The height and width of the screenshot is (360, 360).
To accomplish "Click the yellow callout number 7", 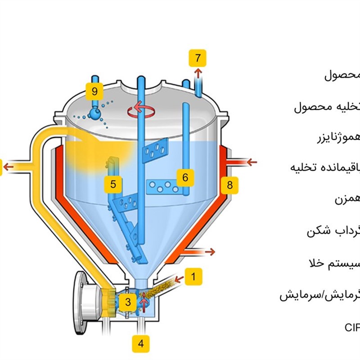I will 198,58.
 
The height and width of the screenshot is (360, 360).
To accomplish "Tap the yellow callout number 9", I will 94,91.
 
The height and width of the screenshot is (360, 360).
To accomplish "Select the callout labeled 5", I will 113,184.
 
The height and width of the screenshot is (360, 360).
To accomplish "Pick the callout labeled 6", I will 185,177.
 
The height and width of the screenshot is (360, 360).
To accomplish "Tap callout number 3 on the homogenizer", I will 128,302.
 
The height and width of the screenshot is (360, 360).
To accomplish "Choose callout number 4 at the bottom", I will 141,344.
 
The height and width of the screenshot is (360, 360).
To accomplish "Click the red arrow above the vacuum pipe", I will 197,73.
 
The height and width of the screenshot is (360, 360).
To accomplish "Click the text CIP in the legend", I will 352,327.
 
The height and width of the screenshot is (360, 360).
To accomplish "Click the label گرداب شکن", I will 333,232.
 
